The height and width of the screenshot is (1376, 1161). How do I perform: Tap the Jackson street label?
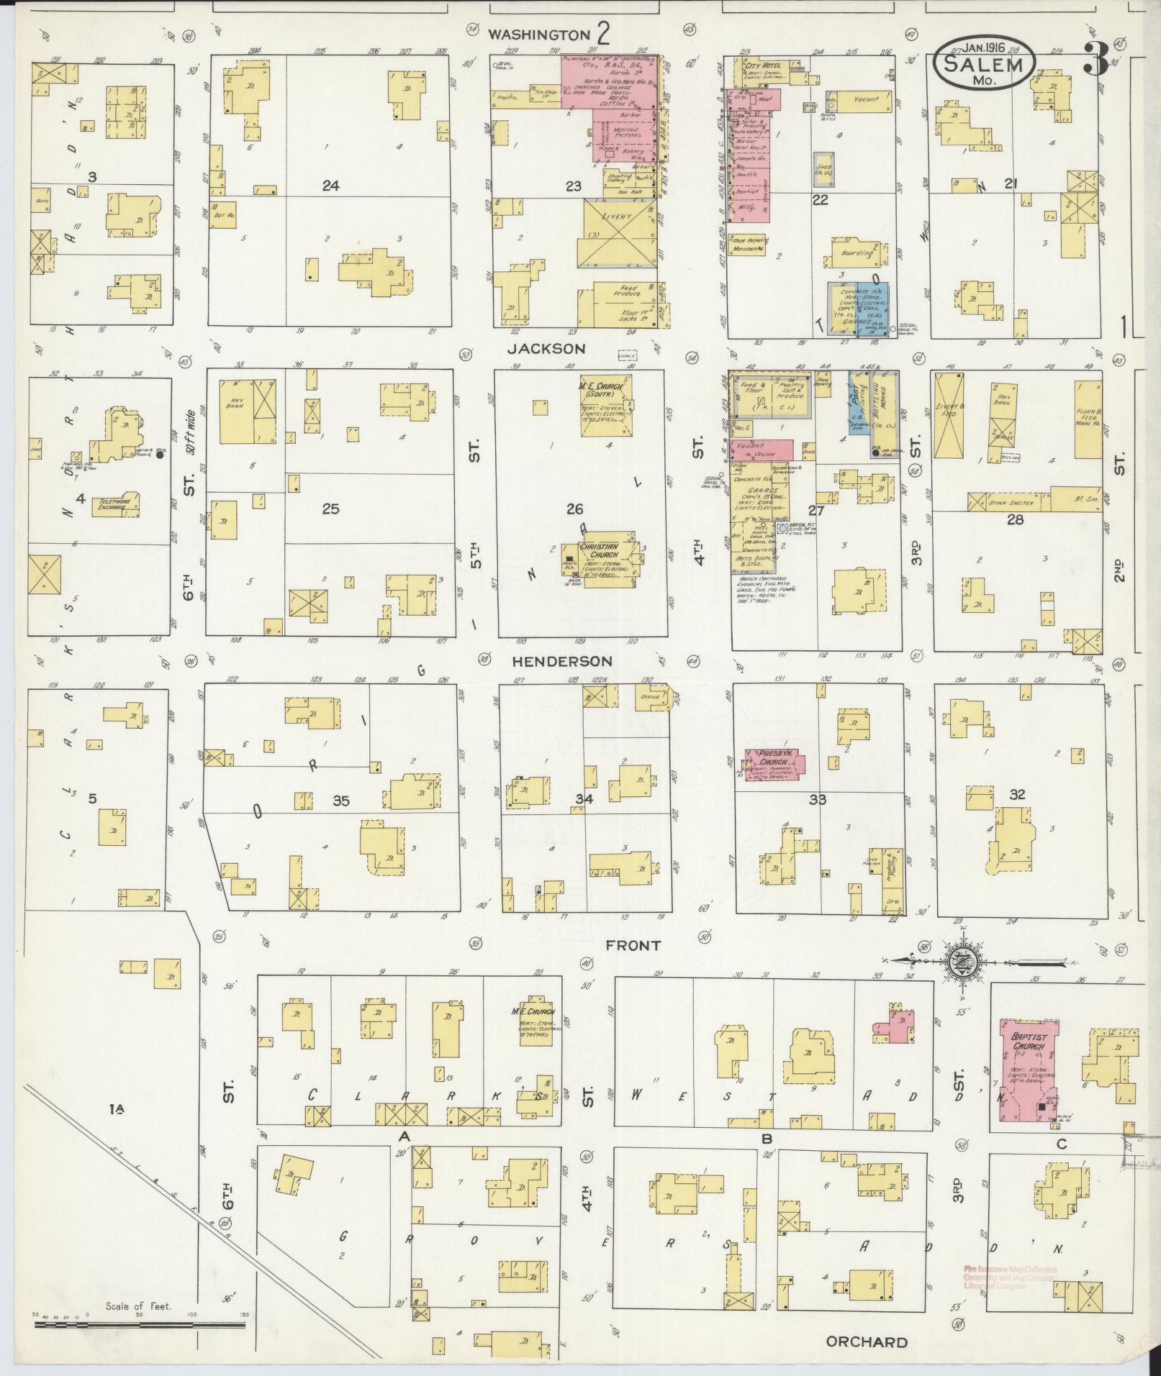coord(556,349)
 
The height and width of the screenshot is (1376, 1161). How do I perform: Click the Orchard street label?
coord(866,1342)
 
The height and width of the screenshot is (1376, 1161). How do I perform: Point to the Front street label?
coord(633,945)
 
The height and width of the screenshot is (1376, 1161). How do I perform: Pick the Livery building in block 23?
coord(619,234)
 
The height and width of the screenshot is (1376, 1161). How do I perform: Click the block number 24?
coord(330,186)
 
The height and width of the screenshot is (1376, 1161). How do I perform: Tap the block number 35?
coord(340,801)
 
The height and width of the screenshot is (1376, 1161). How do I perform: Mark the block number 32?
coord(1016,795)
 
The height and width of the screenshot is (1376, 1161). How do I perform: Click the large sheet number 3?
coord(1096,60)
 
